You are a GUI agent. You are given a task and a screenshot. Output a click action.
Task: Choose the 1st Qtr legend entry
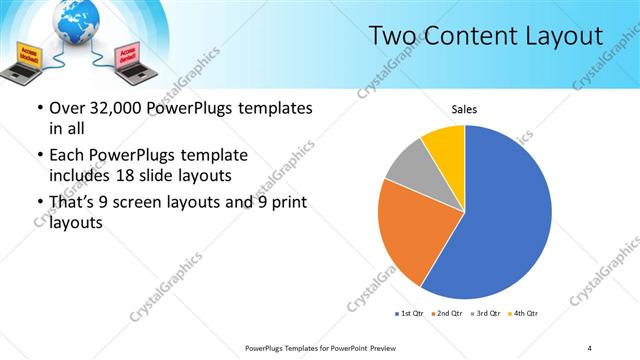[x=409, y=314]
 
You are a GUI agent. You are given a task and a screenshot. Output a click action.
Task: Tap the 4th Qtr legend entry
[x=523, y=314]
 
